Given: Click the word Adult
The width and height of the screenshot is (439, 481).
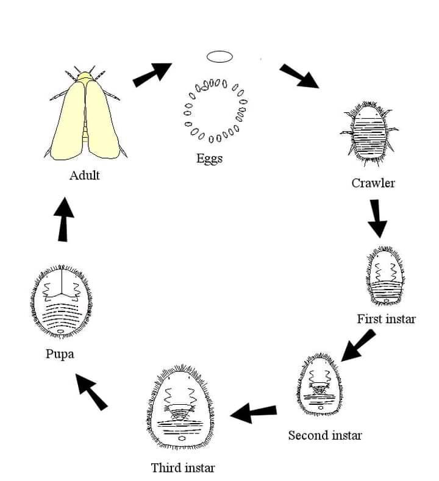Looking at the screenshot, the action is tap(84, 175).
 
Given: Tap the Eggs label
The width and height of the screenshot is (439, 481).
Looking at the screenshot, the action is tap(210, 159).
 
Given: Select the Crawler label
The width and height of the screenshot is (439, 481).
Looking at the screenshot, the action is tap(373, 183).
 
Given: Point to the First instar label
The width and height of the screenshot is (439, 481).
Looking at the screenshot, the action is tap(386, 319).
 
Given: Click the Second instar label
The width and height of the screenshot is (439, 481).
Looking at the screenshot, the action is tap(325, 435).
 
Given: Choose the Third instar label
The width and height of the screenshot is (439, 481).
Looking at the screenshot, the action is tap(183, 468).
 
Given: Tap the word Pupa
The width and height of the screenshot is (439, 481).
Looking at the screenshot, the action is tap(60, 354).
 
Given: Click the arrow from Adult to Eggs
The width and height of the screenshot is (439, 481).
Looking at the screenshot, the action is tap(152, 74).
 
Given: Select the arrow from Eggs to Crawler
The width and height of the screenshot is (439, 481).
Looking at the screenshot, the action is tap(299, 76).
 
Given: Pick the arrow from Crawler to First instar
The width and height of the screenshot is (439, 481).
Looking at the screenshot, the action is tap(377, 218).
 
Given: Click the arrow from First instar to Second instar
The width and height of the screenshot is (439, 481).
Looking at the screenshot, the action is tap(358, 346).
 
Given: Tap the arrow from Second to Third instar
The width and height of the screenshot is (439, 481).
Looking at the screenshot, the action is tap(254, 413).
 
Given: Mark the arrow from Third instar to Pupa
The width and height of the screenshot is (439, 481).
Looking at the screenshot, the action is tap(91, 392).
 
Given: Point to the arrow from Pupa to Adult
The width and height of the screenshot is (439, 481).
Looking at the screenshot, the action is tap(63, 219).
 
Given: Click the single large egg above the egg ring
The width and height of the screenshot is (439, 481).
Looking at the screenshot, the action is tap(220, 57).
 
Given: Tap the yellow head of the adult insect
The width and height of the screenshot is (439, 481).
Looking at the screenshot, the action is tap(85, 76).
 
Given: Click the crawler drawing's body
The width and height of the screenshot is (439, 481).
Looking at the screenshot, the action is tap(369, 134).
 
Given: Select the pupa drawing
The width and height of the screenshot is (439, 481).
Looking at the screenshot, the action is tap(62, 301).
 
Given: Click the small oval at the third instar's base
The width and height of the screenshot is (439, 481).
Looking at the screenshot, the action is tap(181, 438).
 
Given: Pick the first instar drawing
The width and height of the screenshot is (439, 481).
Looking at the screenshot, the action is tap(385, 276).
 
